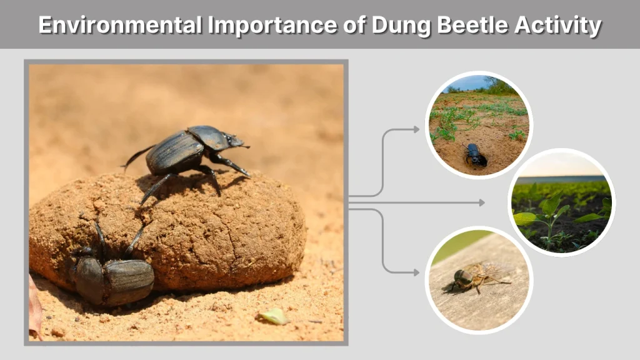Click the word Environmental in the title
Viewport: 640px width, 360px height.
(x=119, y=26)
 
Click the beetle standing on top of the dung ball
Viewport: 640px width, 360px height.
(x=187, y=150)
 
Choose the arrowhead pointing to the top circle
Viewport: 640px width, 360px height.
(x=416, y=129)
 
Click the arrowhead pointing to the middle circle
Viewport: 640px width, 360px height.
(x=481, y=202)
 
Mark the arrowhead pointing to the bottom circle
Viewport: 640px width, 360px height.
(x=416, y=272)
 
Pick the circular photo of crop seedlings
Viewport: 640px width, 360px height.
(x=561, y=202)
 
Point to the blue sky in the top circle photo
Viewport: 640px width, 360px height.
(x=469, y=83)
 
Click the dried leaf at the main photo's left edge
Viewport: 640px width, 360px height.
(x=34, y=306)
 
